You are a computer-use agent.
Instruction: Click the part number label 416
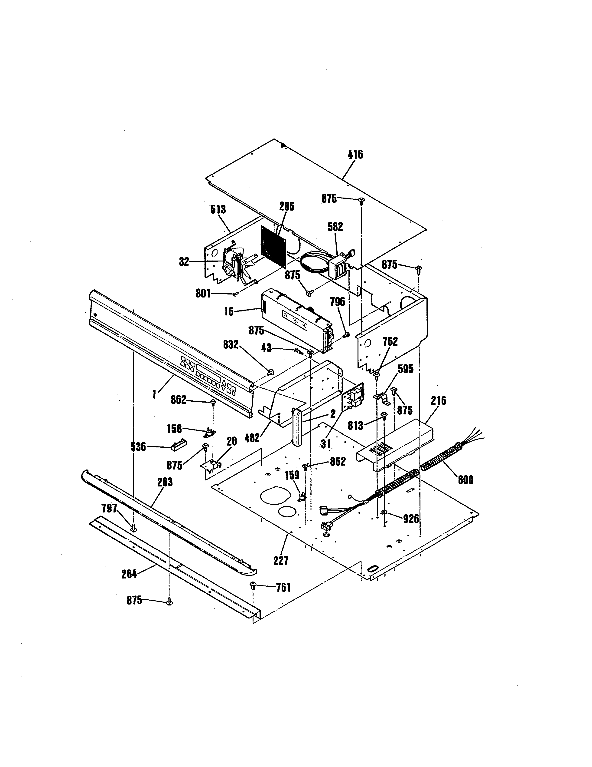coord(355,155)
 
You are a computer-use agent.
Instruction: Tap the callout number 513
coord(218,210)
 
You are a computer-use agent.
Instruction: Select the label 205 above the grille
coord(287,206)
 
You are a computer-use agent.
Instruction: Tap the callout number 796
coord(337,302)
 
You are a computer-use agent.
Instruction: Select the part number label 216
coord(438,400)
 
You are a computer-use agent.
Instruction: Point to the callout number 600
coord(465,480)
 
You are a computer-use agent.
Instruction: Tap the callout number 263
coord(165,482)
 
